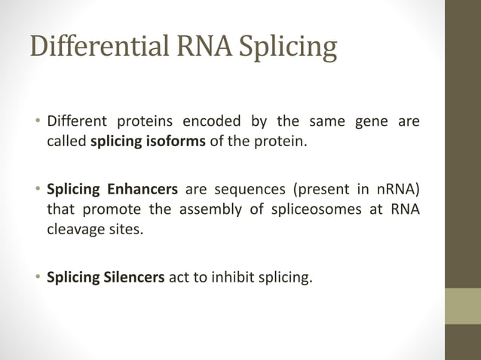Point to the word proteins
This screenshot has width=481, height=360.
(x=146, y=122)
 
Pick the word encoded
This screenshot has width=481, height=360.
(x=214, y=122)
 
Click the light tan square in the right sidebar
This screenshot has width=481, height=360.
(x=462, y=306)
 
